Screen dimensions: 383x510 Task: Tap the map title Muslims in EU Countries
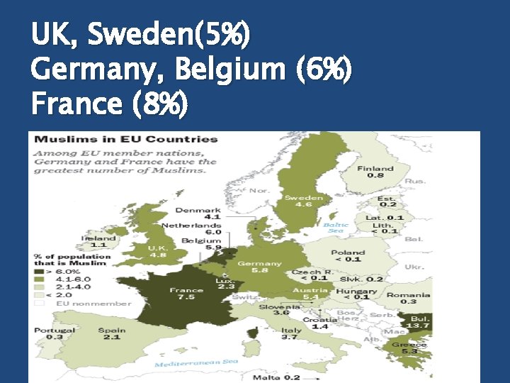coord(127,139)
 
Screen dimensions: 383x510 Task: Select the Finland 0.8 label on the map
coord(375,172)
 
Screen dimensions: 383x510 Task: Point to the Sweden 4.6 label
coord(303,201)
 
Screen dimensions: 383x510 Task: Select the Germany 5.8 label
coord(259,267)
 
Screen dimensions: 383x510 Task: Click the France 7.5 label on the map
coord(186,294)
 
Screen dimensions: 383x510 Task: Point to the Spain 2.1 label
coord(112,333)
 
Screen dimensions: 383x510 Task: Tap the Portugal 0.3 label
coord(54,333)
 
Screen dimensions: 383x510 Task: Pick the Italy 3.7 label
coord(290,333)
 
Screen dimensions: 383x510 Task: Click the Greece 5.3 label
coord(409,348)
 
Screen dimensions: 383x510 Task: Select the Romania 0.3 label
coord(408,298)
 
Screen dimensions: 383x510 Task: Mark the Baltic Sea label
coord(335,228)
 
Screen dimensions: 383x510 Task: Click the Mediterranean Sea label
coord(196,362)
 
